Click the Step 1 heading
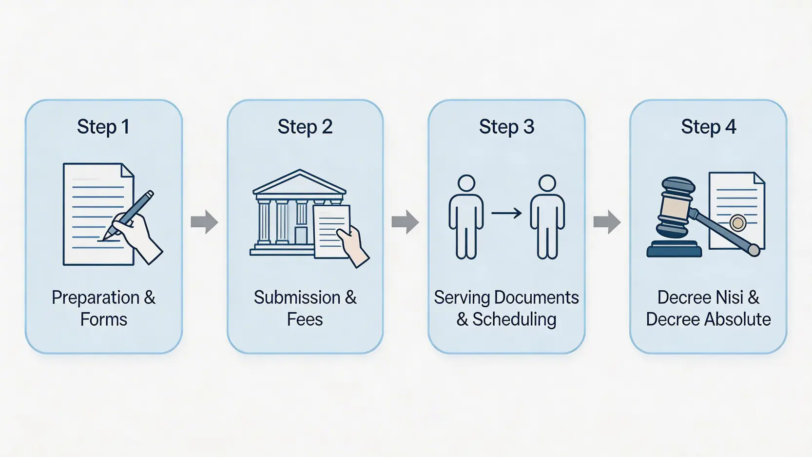tap(103, 127)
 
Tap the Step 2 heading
tap(305, 127)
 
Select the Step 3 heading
tap(506, 127)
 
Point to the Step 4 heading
tap(708, 127)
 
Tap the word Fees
tap(305, 319)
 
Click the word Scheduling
tap(514, 319)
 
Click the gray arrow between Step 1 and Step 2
tap(204, 222)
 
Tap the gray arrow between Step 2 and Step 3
tap(406, 222)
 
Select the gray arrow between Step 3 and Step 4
tap(607, 222)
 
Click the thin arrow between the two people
tap(506, 213)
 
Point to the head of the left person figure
tap(466, 183)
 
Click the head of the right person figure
tap(547, 183)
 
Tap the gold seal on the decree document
tap(738, 223)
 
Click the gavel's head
tap(675, 207)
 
